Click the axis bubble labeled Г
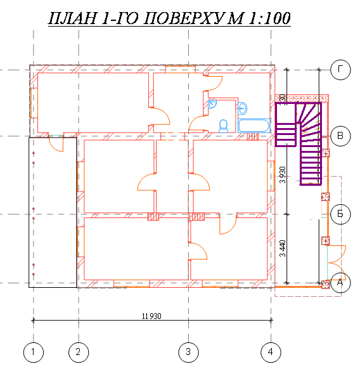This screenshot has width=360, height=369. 340,70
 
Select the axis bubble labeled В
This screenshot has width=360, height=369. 340,136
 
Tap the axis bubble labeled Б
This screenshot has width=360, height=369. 340,214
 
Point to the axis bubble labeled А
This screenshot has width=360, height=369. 340,283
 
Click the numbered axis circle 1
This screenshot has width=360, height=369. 33,351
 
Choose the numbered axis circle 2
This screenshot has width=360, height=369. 79,351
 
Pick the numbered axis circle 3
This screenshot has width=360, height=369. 188,351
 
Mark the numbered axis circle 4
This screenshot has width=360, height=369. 271,351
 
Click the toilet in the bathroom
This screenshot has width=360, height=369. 223,126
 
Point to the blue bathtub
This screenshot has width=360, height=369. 255,125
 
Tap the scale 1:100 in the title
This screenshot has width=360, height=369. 266,19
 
